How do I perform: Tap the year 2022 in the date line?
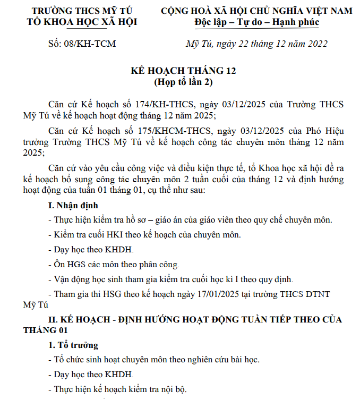point(316,44)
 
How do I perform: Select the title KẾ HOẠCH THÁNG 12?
point(183,71)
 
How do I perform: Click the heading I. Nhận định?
point(73,205)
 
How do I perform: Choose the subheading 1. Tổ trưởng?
point(73,345)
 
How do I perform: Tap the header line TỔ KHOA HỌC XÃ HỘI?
point(83,22)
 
